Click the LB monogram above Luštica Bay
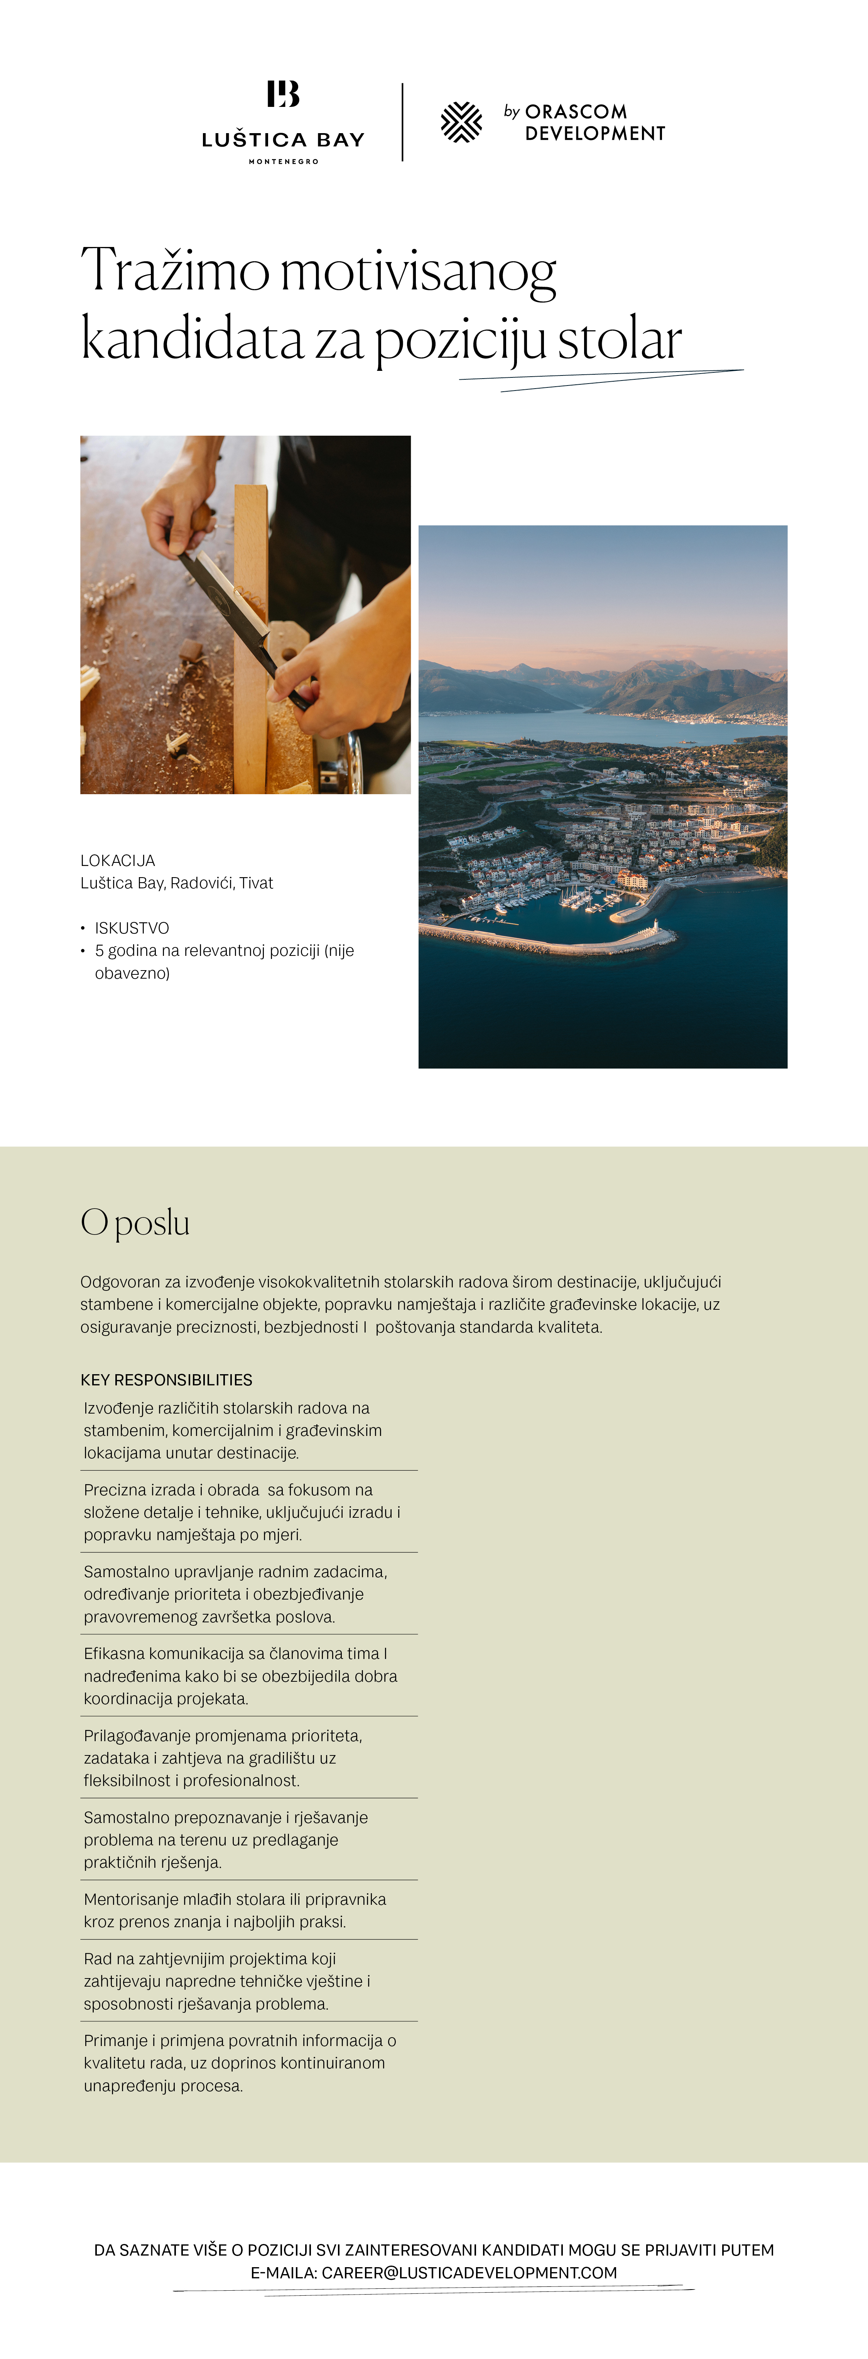(x=283, y=94)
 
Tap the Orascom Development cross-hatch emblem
(x=461, y=122)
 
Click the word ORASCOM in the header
(x=576, y=112)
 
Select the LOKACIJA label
(x=117, y=861)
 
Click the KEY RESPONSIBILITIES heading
(x=166, y=1380)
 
